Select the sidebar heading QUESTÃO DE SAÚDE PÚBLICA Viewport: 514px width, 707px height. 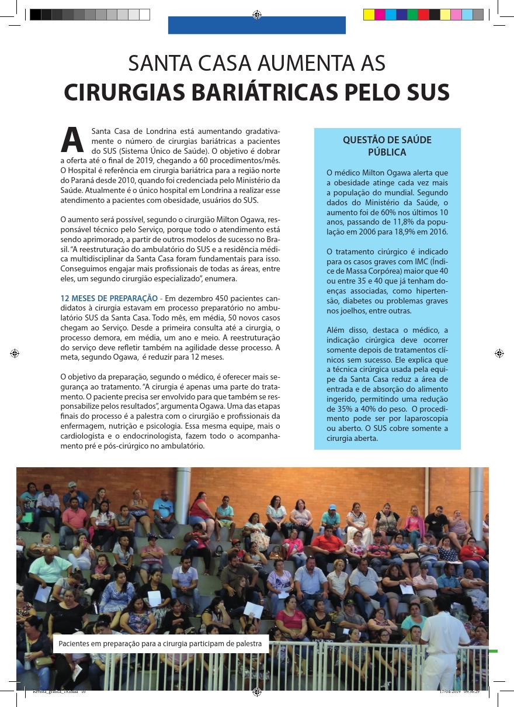(387, 146)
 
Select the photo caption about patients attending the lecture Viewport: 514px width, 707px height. (161, 644)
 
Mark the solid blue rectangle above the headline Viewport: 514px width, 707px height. (257, 26)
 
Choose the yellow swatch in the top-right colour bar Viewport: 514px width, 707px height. (369, 15)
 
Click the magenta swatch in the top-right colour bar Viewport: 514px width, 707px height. (380, 15)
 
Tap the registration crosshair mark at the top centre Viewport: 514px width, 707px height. (256, 15)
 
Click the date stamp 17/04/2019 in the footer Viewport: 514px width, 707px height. (450, 691)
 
